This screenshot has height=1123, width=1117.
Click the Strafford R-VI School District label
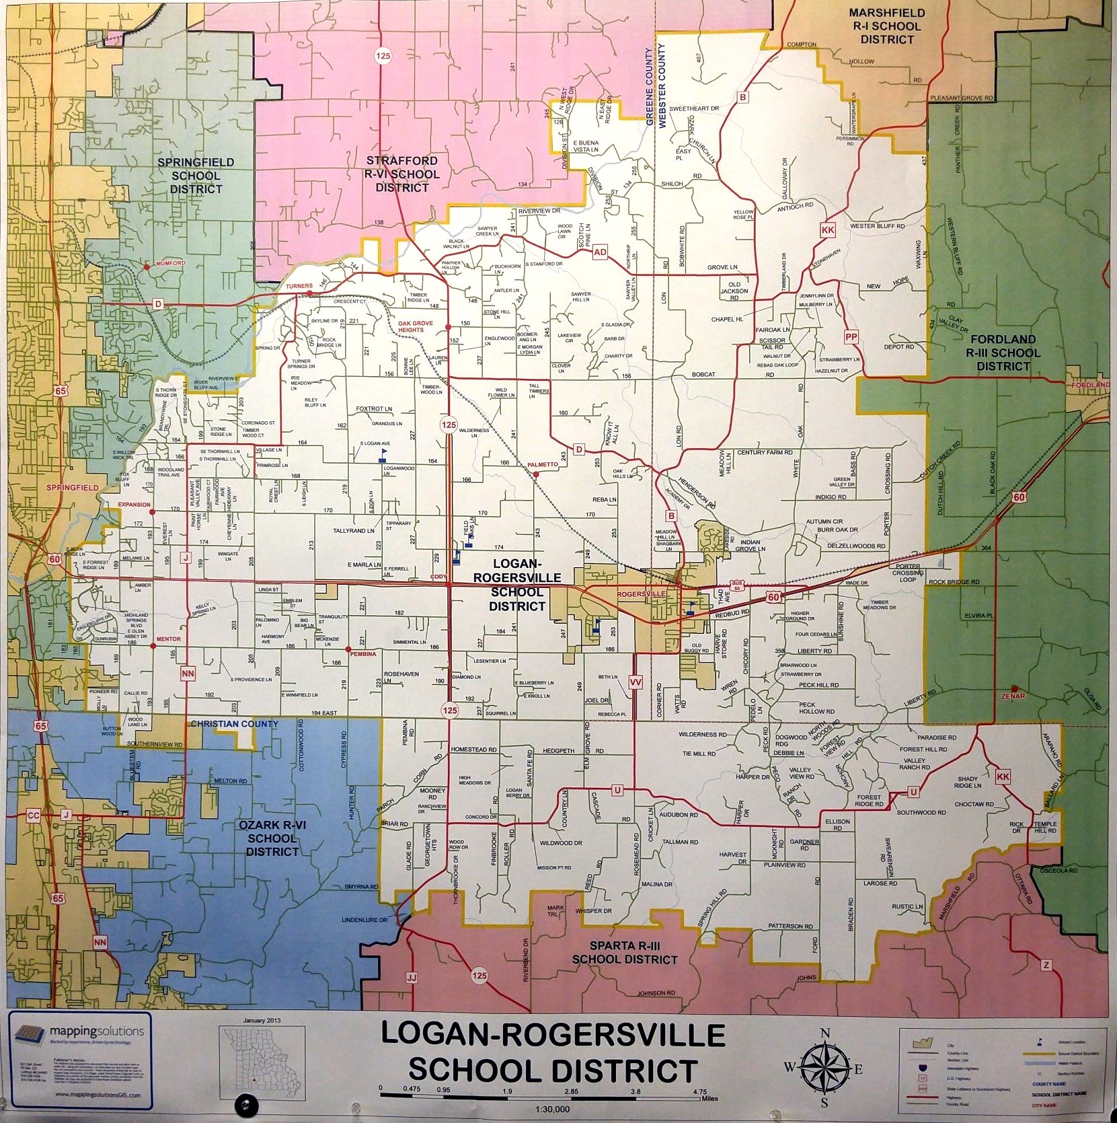click(x=402, y=174)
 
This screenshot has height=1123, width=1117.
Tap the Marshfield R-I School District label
click(x=886, y=26)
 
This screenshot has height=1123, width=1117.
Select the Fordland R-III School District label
click(x=1003, y=353)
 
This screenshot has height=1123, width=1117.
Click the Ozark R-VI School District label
click(x=272, y=838)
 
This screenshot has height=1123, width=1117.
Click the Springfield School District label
click(x=196, y=176)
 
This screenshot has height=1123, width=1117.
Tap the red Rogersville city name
click(x=641, y=594)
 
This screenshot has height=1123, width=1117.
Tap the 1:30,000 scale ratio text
click(x=553, y=1110)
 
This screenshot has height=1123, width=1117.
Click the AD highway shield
click(x=599, y=252)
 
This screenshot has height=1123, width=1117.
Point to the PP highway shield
click(x=851, y=336)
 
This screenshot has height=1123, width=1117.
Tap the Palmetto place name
click(x=543, y=465)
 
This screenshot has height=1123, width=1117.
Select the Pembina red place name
click(x=363, y=653)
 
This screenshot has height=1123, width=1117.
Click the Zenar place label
click(x=1013, y=696)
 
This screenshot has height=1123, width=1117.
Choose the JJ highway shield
click(x=412, y=976)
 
